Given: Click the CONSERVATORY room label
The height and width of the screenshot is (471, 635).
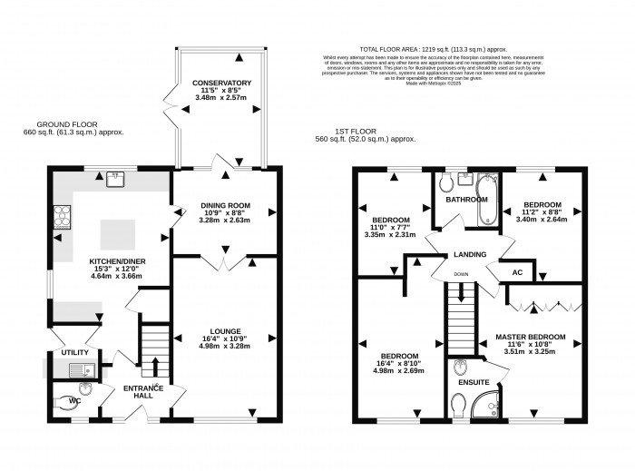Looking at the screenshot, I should (x=221, y=83).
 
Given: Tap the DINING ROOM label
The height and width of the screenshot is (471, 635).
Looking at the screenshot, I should (x=224, y=206).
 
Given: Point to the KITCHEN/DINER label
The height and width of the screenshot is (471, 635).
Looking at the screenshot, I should (x=112, y=260).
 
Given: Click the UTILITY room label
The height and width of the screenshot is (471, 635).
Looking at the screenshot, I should (x=73, y=352).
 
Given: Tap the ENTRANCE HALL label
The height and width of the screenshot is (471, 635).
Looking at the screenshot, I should (x=143, y=392).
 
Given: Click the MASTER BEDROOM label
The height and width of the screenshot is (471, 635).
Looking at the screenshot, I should (x=530, y=338).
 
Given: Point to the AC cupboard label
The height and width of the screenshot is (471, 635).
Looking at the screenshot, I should (x=517, y=272).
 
